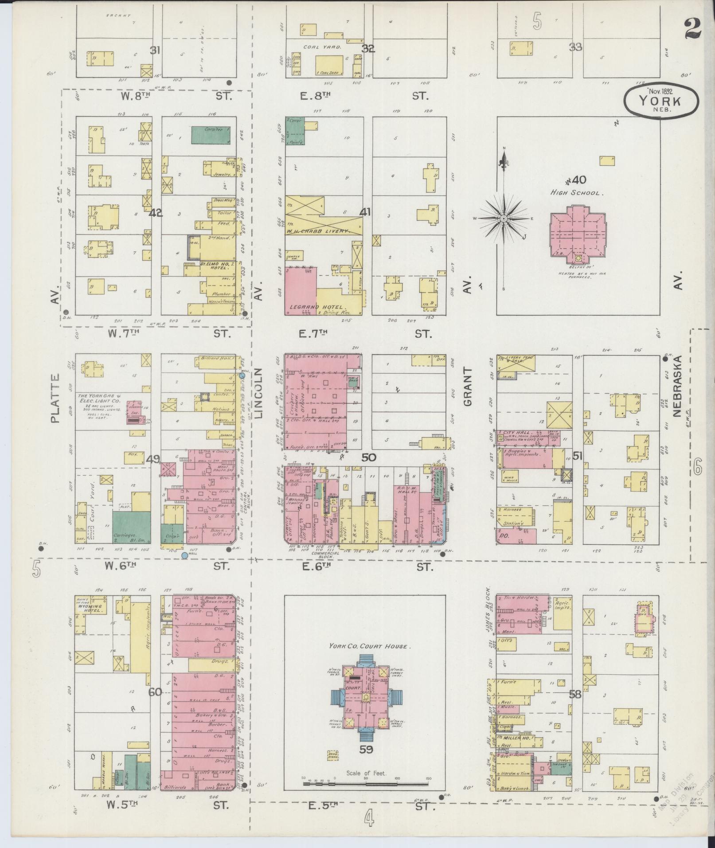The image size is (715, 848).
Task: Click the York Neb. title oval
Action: tap(661, 101)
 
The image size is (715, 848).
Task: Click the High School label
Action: tap(575, 193)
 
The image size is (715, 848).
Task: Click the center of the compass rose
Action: tap(504, 219)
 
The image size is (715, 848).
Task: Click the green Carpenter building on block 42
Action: tap(211, 135)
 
